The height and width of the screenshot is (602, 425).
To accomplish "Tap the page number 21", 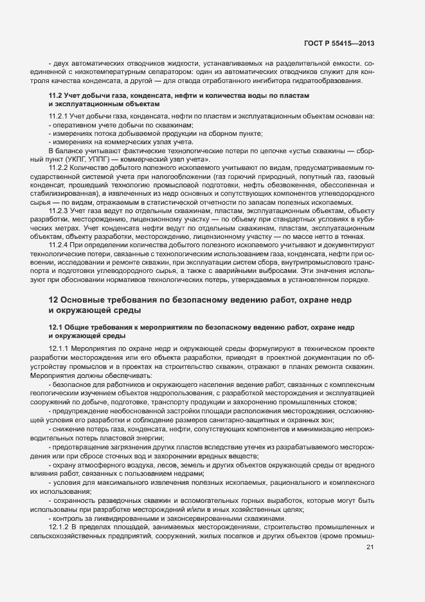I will [370, 547].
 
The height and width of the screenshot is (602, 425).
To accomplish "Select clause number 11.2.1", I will [60, 116].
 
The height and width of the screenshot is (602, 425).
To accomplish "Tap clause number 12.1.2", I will [60, 528].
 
